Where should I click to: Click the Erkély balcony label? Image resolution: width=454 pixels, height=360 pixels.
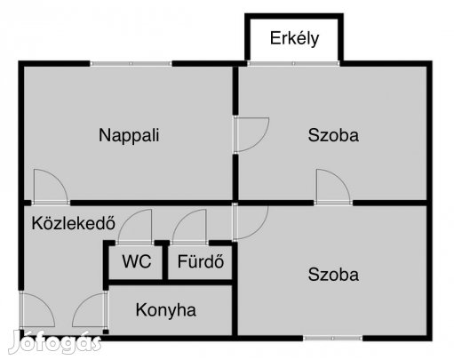[x=294, y=38]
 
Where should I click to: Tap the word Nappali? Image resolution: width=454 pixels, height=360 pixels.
[x=129, y=135]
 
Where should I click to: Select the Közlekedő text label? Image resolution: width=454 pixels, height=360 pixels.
[x=74, y=223]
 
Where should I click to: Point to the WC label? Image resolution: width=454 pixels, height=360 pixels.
[x=137, y=261]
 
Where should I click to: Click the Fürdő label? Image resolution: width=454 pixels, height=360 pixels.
[x=201, y=261]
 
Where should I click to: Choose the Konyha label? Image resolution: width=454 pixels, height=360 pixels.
[x=166, y=310]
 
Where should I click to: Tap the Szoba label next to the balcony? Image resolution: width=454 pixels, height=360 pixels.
[x=333, y=135]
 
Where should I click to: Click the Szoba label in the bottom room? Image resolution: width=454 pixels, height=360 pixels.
[x=333, y=275]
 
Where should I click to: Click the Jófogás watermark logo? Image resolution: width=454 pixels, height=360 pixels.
[x=55, y=341]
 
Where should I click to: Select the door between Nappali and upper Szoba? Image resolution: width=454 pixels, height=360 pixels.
[x=251, y=134]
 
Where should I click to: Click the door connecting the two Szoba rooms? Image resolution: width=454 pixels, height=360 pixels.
[x=333, y=187]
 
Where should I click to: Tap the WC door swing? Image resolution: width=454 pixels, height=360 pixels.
[x=135, y=227]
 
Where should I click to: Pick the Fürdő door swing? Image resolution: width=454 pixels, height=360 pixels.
[x=189, y=227]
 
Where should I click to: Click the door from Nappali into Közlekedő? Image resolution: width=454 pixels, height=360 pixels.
[x=51, y=187]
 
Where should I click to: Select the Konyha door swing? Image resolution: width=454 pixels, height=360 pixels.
[x=90, y=309]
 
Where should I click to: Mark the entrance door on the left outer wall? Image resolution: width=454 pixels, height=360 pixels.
[x=37, y=309]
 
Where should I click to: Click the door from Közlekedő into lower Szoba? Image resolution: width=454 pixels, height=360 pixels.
[x=251, y=222]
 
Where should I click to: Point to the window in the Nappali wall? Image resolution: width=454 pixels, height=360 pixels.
[x=131, y=63]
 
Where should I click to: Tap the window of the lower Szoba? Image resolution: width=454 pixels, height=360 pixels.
[x=333, y=338]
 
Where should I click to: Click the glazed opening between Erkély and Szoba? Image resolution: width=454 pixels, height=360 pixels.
[x=293, y=63]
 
